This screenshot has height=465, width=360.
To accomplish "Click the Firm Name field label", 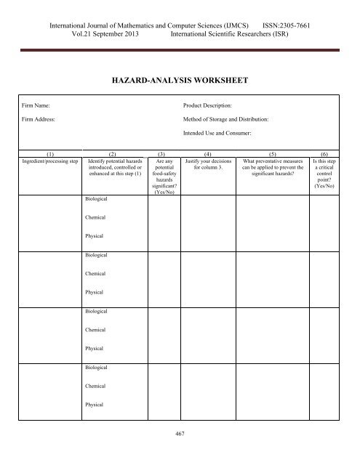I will (36, 106).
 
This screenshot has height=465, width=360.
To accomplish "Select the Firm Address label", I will (39, 118).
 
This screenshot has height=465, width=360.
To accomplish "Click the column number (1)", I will (49, 155).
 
